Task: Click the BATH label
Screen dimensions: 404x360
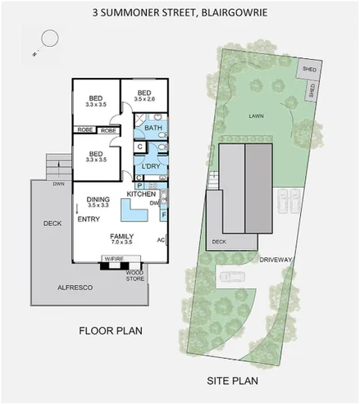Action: click(153, 128)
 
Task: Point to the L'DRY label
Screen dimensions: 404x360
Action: click(151, 166)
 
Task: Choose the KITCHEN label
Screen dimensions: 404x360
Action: click(141, 193)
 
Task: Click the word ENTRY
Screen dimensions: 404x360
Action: click(89, 220)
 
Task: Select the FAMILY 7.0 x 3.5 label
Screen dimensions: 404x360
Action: click(121, 239)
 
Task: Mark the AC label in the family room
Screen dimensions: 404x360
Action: click(161, 240)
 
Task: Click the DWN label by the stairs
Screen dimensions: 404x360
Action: click(57, 184)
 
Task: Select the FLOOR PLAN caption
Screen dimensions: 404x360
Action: click(111, 331)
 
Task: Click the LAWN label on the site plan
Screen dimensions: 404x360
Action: click(254, 116)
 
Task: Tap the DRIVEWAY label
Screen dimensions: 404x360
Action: click(276, 260)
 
